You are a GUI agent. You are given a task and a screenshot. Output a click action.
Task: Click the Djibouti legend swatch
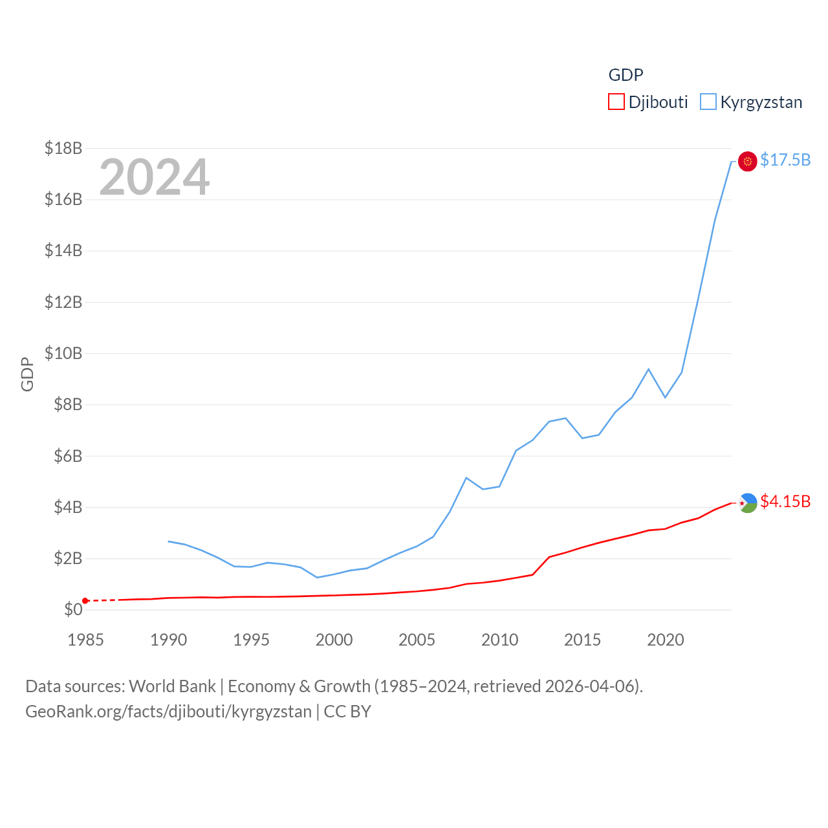pos(616,102)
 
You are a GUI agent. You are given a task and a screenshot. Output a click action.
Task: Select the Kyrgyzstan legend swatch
pos(708,102)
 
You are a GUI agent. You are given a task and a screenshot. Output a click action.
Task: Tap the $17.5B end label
pos(785,160)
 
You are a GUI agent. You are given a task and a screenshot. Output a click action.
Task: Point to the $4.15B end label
pos(785,501)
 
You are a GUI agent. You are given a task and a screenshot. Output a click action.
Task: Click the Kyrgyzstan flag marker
pos(747,161)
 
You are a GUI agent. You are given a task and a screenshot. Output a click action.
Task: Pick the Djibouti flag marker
pos(747,503)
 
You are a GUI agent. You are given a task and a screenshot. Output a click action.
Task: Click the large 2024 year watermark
pos(154,177)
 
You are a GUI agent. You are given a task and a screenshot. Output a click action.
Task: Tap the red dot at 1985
pos(85,601)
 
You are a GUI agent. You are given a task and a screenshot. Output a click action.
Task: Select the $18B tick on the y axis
pos(63,148)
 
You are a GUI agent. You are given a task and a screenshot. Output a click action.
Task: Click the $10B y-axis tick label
pos(63,353)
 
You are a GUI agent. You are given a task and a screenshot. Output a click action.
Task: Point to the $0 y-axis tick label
pos(73,609)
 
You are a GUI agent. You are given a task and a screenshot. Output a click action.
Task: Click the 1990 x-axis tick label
pos(168,640)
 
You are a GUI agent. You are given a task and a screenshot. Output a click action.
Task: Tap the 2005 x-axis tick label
pos(417,640)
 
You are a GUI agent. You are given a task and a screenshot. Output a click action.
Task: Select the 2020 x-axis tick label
pos(665,640)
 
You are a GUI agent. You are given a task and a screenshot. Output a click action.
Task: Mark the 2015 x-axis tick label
pos(582,640)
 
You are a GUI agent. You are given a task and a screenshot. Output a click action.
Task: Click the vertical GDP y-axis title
pos(27,374)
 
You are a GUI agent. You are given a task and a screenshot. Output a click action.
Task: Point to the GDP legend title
pos(626,75)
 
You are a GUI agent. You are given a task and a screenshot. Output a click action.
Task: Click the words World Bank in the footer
pos(173,686)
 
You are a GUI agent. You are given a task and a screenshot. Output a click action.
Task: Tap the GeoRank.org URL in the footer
pos(168,712)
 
